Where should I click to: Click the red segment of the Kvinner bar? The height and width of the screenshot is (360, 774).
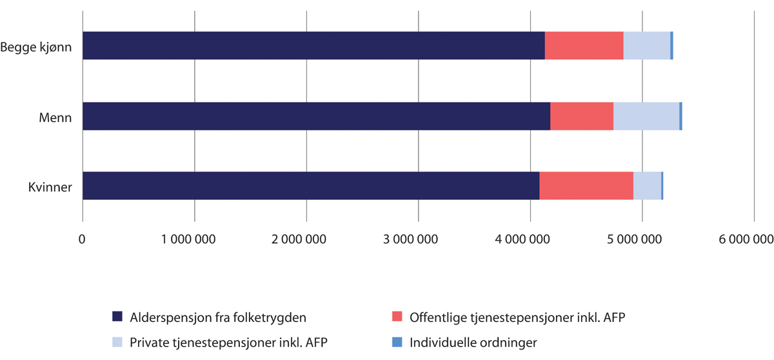pos(586,186)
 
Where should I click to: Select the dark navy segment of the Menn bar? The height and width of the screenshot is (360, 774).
pos(316,116)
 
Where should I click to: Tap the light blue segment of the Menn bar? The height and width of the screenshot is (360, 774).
pos(646,116)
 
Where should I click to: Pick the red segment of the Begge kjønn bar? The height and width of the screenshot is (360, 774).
pos(584,46)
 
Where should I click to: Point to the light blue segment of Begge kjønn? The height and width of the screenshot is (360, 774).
pos(646,46)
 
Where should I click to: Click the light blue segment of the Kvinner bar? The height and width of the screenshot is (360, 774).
pos(647,186)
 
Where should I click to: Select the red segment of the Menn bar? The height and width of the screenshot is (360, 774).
pos(581,116)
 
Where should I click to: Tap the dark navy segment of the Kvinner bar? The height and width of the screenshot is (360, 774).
pos(311,186)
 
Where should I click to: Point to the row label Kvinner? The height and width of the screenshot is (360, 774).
pos(50,186)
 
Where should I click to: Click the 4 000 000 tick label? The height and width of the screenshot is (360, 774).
pos(530,239)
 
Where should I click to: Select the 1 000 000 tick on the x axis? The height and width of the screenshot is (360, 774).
pos(195,239)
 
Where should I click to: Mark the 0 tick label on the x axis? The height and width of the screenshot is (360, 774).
pos(83,239)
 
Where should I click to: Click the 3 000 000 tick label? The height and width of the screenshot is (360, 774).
pos(419,239)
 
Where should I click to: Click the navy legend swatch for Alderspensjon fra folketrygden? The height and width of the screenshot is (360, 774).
pos(117,317)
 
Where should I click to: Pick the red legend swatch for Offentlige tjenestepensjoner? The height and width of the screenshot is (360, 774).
pos(397,317)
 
